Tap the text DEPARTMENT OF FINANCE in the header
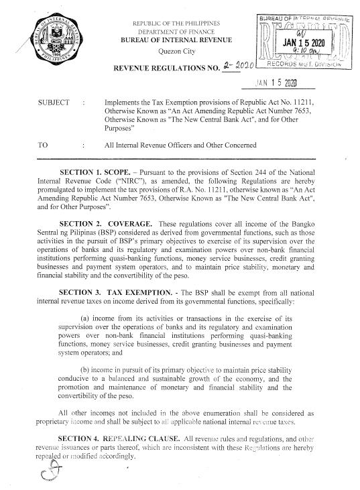click(x=178, y=32)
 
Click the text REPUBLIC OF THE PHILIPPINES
click(x=178, y=23)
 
